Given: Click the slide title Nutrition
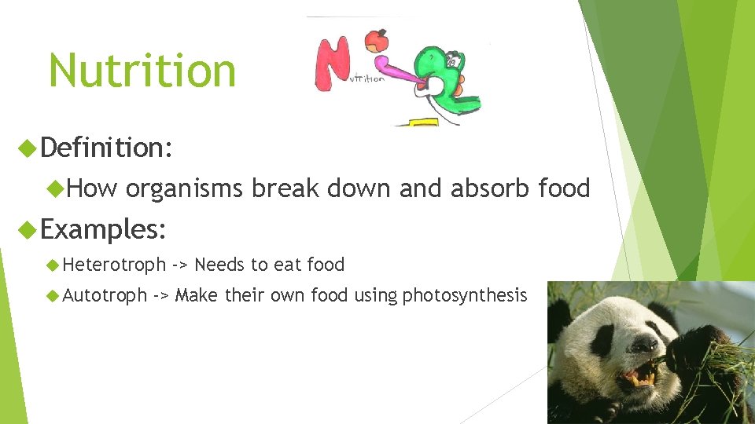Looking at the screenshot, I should coord(142,70).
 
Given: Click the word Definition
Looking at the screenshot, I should coord(105,147).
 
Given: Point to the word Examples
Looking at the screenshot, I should coord(103,229).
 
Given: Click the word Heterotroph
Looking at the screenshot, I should coord(114,265).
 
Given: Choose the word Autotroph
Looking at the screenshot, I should coord(105,295).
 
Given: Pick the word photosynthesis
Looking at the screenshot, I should coord(464,296).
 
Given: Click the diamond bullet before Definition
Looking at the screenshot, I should coord(30,147).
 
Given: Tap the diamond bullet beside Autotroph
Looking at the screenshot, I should coord(53,295).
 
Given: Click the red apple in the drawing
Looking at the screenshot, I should coord(379,39).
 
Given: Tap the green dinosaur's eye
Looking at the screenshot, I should coord(453,60).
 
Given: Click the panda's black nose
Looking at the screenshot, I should coord(644,343).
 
